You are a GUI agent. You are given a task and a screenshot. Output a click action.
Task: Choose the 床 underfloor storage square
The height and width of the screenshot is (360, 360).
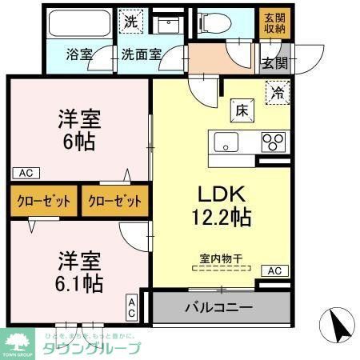tap(241, 108)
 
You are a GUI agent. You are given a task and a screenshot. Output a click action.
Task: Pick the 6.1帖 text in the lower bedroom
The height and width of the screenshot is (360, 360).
tap(79, 282)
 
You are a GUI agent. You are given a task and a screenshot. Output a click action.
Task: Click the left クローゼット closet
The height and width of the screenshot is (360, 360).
tap(44, 201)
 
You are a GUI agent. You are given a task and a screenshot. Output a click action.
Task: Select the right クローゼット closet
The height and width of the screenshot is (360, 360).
tap(115, 201)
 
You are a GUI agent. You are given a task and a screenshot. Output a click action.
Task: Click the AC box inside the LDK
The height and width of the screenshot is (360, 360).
tap(274, 271)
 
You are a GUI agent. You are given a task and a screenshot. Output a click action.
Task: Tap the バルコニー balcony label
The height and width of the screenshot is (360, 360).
tap(218, 307)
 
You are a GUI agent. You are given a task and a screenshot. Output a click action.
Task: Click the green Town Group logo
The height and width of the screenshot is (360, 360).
tap(18, 345)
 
